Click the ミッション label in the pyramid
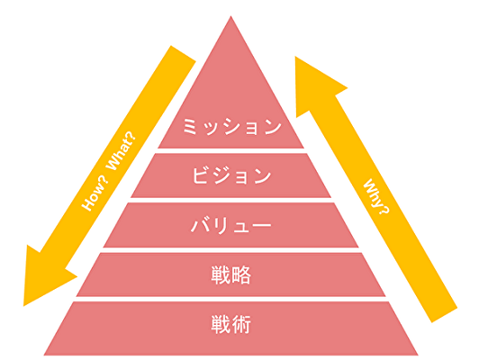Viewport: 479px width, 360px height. pos(232,126)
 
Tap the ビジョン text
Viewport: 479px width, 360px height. pos(231,175)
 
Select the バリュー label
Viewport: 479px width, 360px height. pos(230,225)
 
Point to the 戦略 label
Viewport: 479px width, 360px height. pos(230,275)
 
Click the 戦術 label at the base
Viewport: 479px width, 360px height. pos(230,324)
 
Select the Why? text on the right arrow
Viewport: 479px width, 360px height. pos(376,196)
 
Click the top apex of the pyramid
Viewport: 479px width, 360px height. pos(230,16)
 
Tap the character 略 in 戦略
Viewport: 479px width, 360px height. pos(241,275)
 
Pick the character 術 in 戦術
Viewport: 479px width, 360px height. pos(241,324)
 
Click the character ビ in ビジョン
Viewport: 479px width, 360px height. pos(200,175)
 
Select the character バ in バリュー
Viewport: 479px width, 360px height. pos(200,225)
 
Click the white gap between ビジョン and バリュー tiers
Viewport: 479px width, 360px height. pos(230,200)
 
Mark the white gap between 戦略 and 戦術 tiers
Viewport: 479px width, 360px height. pos(230,299)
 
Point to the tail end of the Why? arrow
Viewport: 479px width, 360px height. pos(445,315)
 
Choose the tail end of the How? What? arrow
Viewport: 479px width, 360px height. pos(184,53)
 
